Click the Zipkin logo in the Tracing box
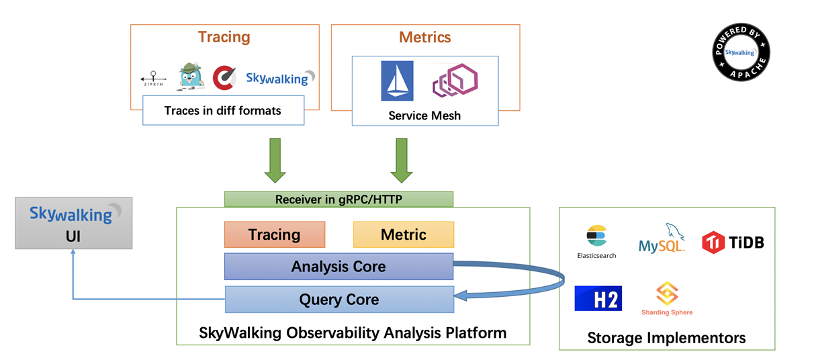[x=153, y=79]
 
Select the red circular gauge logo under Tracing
[x=224, y=77]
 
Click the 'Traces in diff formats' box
[x=223, y=110]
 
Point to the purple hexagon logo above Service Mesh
[x=455, y=81]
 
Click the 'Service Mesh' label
[x=424, y=116]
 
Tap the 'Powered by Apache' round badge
[x=741, y=52]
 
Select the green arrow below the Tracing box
[x=275, y=161]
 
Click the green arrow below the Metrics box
[x=402, y=161]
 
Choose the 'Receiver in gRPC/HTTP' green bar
[x=338, y=199]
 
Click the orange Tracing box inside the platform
[x=275, y=234]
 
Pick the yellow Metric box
[x=403, y=234]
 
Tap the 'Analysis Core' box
[x=338, y=267]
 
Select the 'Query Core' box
[x=338, y=300]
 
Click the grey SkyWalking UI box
[x=74, y=223]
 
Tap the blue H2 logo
[x=598, y=298]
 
